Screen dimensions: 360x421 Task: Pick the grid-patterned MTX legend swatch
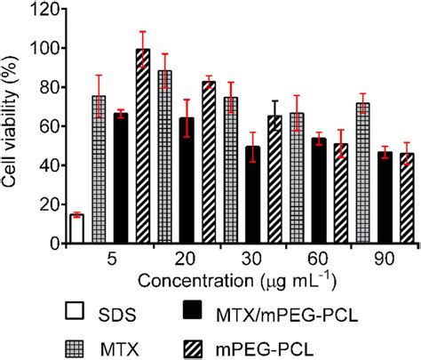point(75,343)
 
